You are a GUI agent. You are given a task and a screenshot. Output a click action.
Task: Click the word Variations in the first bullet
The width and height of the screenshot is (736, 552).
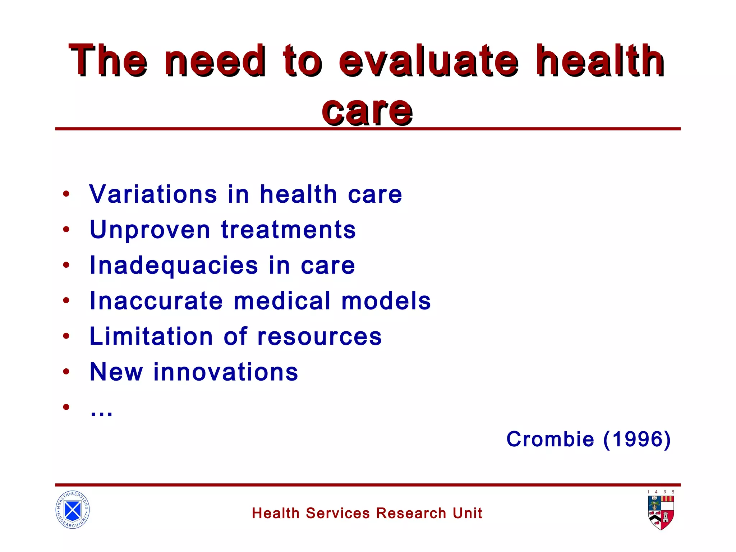pos(153,194)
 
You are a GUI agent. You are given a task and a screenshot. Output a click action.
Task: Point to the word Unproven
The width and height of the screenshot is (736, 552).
pos(150,230)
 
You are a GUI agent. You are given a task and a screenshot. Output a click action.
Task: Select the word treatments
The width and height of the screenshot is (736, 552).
pos(288,230)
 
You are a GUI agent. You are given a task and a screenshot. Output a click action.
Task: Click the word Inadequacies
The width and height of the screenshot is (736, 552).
pos(174,266)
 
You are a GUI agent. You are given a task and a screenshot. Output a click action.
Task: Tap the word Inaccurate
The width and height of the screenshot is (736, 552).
pos(156,301)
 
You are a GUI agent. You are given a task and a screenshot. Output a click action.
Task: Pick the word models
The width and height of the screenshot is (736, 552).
pos(386,301)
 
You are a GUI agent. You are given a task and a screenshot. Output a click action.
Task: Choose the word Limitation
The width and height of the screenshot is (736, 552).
pos(151,336)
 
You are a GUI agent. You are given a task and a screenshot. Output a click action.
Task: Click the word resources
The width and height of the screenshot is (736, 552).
pos(319,337)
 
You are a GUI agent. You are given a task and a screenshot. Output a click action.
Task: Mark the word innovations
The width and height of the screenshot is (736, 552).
pos(226,372)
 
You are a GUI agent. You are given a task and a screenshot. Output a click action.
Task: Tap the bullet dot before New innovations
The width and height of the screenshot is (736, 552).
pos(66,372)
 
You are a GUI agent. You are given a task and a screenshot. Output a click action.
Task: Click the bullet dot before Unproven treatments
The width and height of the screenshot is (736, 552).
pos(66,229)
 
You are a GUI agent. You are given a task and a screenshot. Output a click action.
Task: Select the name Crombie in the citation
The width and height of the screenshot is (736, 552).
pos(550,439)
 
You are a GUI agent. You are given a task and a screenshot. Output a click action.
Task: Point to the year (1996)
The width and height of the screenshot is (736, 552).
pos(637,439)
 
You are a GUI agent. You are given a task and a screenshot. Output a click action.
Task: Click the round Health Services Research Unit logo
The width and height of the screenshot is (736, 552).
pos(73,510)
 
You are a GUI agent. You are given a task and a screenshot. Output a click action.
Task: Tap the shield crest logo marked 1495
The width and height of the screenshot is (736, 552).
pos(661,512)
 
